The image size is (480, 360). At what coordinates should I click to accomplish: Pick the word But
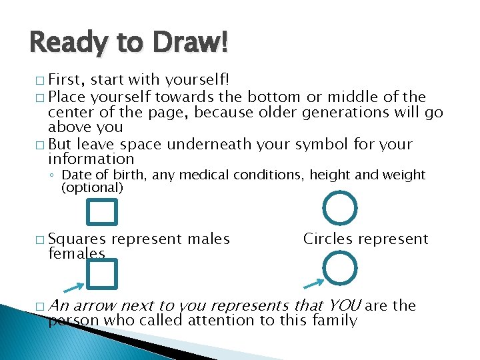61,144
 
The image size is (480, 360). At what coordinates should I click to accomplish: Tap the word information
91,159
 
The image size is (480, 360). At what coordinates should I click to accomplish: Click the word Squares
77,239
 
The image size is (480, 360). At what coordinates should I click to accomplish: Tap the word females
77,253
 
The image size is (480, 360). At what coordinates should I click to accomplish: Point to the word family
336,321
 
